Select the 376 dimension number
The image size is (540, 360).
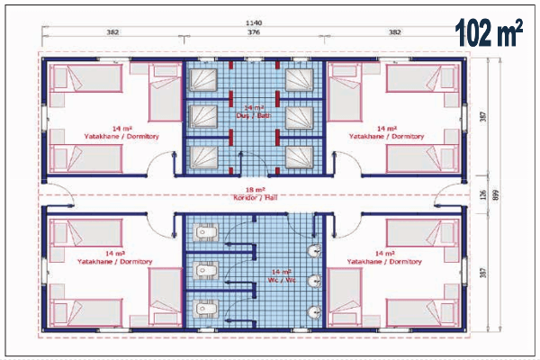pyautogui.click(x=254, y=33)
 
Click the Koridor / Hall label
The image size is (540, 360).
pyautogui.click(x=254, y=197)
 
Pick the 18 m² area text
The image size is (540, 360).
pyautogui.click(x=254, y=189)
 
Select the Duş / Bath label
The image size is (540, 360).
pyautogui.click(x=253, y=115)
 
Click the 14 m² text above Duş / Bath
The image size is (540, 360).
pyautogui.click(x=253, y=107)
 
